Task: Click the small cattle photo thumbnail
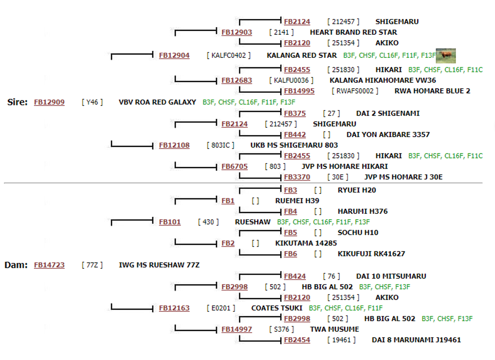[446, 56]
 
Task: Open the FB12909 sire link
[49, 102]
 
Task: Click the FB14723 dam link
[49, 265]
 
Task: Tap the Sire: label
[17, 102]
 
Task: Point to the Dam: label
[16, 265]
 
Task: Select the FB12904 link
[174, 55]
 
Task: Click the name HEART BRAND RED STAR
[353, 32]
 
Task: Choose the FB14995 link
[299, 91]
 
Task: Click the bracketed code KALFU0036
[291, 81]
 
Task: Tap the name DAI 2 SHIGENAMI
[388, 113]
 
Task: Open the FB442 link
[295, 135]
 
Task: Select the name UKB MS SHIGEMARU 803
[294, 145]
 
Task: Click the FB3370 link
[297, 177]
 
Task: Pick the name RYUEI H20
[357, 190]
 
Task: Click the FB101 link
[170, 222]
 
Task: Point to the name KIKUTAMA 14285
[306, 243]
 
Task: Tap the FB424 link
[295, 276]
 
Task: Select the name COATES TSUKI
[277, 308]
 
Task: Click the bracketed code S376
[282, 329]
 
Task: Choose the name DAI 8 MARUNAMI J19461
[416, 340]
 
